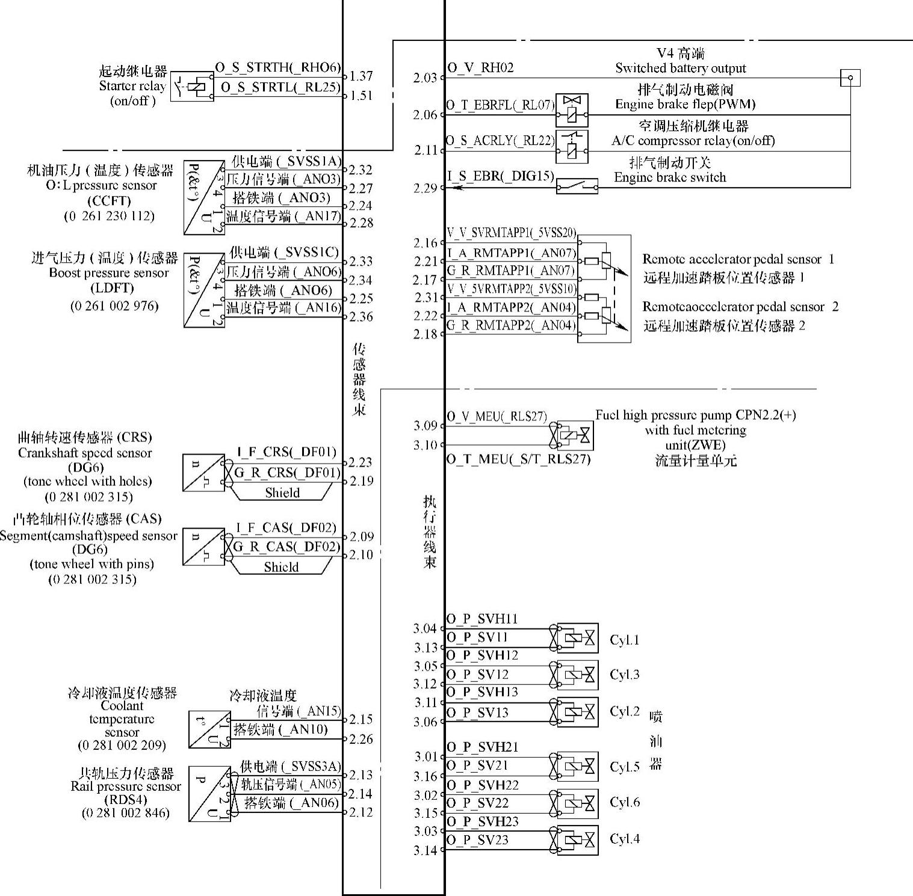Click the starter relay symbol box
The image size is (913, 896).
coord(192,87)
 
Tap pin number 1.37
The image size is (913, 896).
coord(361,76)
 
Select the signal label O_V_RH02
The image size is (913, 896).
coord(480,68)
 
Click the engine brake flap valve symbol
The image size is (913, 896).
coord(571,109)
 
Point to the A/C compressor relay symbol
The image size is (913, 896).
coord(571,146)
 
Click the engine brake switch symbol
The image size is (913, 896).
coord(577,186)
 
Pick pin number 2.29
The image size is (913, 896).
coord(425,188)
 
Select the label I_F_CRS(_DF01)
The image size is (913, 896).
coord(286,452)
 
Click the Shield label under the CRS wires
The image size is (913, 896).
coord(282,493)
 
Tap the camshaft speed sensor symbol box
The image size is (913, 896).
coord(203,547)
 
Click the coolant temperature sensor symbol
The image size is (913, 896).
coord(209,729)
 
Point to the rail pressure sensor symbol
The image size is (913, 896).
coord(209,794)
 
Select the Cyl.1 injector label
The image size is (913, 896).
coord(624,640)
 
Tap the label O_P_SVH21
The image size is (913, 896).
coord(482,747)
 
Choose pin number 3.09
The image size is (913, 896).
coord(425,426)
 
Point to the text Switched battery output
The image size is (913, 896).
coord(680,69)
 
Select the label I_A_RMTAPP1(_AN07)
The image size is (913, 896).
coord(511,253)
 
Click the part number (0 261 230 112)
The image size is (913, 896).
coord(110,216)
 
